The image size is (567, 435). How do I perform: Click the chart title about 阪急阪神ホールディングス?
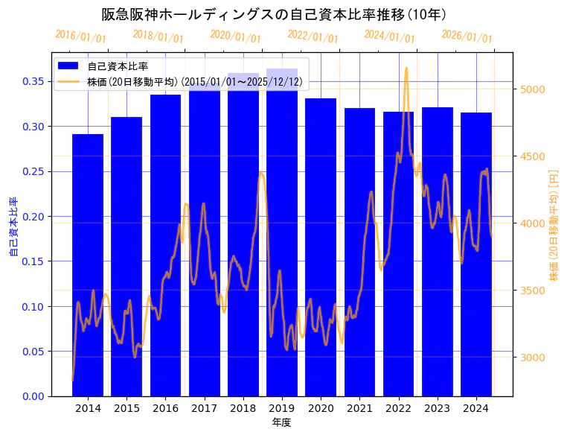[x=274, y=15]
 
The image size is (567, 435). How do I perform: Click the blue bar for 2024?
[x=476, y=254]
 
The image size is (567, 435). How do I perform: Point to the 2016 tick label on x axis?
[x=165, y=408]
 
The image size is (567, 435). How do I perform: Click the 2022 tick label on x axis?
[x=398, y=408]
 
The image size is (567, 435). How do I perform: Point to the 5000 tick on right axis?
[x=533, y=89]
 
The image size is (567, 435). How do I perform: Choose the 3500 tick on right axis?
[x=533, y=290]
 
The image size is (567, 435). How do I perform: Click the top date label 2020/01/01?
[x=236, y=36]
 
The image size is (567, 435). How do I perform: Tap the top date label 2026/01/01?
[x=467, y=36]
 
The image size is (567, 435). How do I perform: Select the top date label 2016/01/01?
[x=81, y=36]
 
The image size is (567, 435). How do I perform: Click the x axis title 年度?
[x=282, y=422]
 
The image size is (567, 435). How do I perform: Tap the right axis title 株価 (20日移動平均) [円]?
[x=553, y=224]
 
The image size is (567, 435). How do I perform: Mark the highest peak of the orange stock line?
[x=406, y=69]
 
